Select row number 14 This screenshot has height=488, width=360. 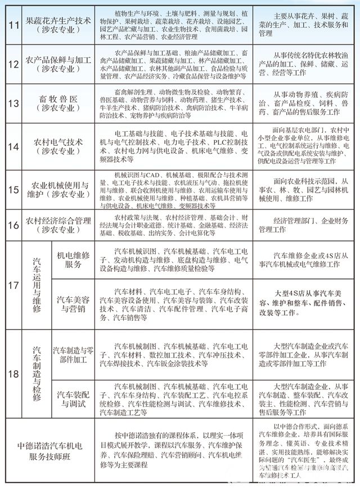(x=12, y=147)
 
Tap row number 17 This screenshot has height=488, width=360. (x=12, y=285)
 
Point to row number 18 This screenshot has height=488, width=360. (x=12, y=374)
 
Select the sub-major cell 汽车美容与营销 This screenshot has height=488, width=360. (x=74, y=305)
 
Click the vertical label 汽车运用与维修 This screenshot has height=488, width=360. (x=37, y=285)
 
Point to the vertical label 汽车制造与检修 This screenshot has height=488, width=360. (x=37, y=374)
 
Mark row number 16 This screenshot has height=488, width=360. (x=12, y=226)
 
